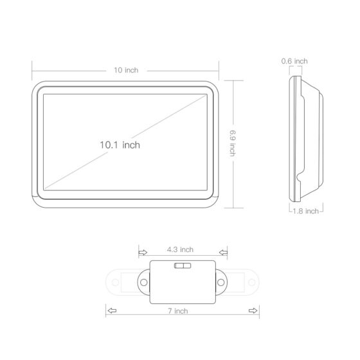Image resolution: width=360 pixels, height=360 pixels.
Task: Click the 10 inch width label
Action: [x=126, y=70]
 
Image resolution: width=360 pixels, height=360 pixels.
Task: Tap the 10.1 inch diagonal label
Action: [x=120, y=145]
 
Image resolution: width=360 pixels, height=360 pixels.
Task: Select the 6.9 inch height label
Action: [x=233, y=143]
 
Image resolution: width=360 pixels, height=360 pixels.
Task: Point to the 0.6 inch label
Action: [x=294, y=61]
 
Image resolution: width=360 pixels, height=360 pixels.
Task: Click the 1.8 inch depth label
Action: [x=305, y=211]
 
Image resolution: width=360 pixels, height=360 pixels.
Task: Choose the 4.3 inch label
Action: [x=180, y=249]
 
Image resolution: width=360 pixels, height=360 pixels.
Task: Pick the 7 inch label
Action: [x=178, y=311]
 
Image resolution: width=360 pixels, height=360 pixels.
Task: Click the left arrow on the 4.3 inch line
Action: [x=143, y=253]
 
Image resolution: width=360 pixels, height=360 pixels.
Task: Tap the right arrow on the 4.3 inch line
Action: [x=223, y=253]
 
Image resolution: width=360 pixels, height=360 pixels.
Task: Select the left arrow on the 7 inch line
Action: [x=112, y=310]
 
